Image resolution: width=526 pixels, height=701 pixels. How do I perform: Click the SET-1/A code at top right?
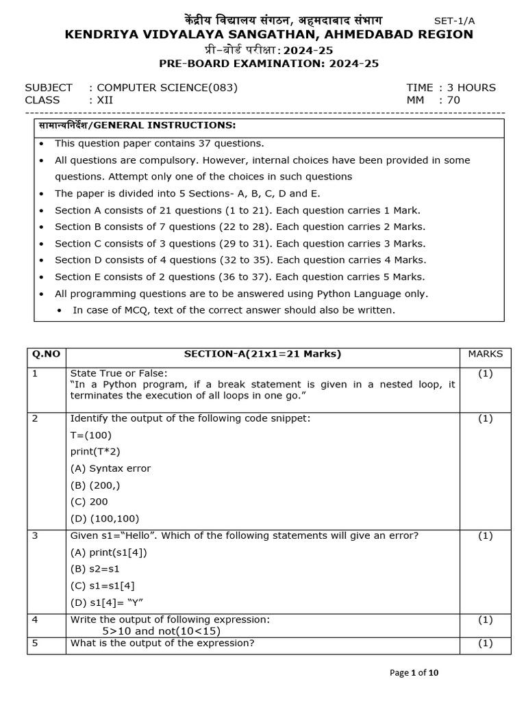click(x=464, y=21)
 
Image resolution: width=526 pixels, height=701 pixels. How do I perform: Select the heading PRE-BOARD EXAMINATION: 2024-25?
click(x=268, y=64)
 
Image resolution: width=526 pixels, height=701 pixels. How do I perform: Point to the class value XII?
click(x=105, y=100)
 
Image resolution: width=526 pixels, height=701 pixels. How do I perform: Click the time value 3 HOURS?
click(x=471, y=88)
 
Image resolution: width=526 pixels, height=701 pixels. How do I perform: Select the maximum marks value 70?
click(x=453, y=100)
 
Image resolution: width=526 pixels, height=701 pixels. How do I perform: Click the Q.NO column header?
click(x=46, y=354)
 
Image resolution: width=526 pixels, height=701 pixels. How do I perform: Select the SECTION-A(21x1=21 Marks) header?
click(x=262, y=354)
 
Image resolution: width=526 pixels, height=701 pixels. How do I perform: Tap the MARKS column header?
click(x=485, y=354)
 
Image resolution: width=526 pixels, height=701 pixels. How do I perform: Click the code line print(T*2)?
click(x=95, y=452)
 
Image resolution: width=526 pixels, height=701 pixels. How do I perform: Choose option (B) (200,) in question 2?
click(x=95, y=485)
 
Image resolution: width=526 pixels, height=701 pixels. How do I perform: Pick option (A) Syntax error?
click(x=110, y=468)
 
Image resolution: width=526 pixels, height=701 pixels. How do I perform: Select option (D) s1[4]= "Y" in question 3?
click(x=107, y=602)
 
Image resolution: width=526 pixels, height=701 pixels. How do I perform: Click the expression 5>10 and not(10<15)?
click(x=162, y=631)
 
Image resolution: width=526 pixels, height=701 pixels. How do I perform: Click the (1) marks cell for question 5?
click(x=485, y=643)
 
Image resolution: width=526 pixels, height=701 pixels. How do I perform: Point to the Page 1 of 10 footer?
click(x=414, y=673)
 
